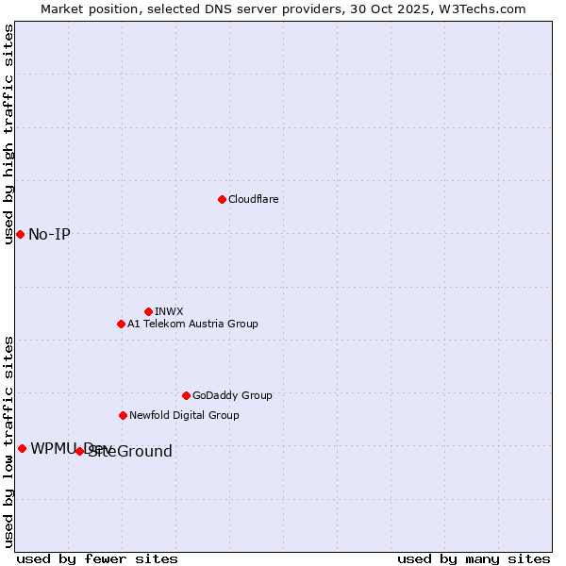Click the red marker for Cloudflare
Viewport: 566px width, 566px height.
tap(222, 199)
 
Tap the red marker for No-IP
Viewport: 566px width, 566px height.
tap(20, 234)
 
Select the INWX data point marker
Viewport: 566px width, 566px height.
tap(148, 311)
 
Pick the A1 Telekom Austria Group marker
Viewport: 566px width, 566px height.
tap(121, 324)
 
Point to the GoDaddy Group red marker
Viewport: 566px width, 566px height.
tap(186, 395)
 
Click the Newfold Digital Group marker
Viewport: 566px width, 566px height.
tap(123, 415)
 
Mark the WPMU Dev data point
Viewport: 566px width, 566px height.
tap(22, 448)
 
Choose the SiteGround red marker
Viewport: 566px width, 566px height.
tap(79, 451)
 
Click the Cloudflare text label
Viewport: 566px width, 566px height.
tap(254, 199)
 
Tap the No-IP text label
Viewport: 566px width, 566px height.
tap(49, 234)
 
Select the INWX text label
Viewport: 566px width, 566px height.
tap(169, 311)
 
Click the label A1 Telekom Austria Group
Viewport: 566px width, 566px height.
tap(192, 324)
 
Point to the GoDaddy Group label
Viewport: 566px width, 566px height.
tap(232, 395)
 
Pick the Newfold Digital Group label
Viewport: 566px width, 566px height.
tap(184, 415)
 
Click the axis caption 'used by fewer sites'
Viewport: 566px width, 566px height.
tap(97, 558)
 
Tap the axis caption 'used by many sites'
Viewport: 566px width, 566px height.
tap(474, 558)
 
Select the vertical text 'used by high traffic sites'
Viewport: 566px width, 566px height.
tap(8, 134)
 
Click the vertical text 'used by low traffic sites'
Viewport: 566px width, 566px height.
tap(8, 441)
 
